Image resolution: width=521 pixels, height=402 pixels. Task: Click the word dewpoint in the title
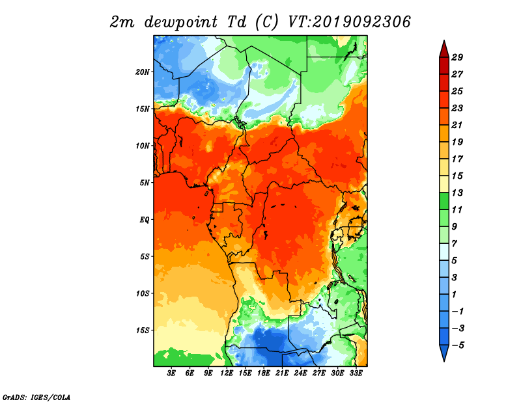coord(181,22)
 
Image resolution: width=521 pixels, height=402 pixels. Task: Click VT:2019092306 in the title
coord(349,22)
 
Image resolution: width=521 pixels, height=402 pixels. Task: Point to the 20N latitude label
coord(143,72)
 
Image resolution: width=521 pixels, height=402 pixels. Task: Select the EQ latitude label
coord(145,220)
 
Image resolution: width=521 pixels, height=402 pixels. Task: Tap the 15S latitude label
coord(143,330)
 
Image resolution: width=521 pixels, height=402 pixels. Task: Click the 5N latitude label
coord(145,183)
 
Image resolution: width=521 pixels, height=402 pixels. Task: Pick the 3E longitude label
coord(171,373)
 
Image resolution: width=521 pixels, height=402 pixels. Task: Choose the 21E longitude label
coord(282,373)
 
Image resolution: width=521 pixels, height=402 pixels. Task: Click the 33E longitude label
coord(356,373)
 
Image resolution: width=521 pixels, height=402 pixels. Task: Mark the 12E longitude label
coord(227,373)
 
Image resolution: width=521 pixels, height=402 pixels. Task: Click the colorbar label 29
coord(457,57)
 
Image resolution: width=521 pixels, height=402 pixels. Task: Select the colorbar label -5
coord(458,345)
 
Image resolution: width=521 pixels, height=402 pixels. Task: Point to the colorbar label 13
coord(457,193)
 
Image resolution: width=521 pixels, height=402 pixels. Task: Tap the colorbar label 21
coord(457,125)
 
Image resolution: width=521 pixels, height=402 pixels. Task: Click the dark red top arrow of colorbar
coord(444,50)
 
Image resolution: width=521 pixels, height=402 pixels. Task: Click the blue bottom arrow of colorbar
coord(444,353)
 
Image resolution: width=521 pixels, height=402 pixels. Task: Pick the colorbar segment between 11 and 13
coord(444,201)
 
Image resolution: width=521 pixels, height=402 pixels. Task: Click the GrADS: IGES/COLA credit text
coord(36,397)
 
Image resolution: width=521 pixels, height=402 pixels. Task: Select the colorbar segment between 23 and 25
coord(444,100)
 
